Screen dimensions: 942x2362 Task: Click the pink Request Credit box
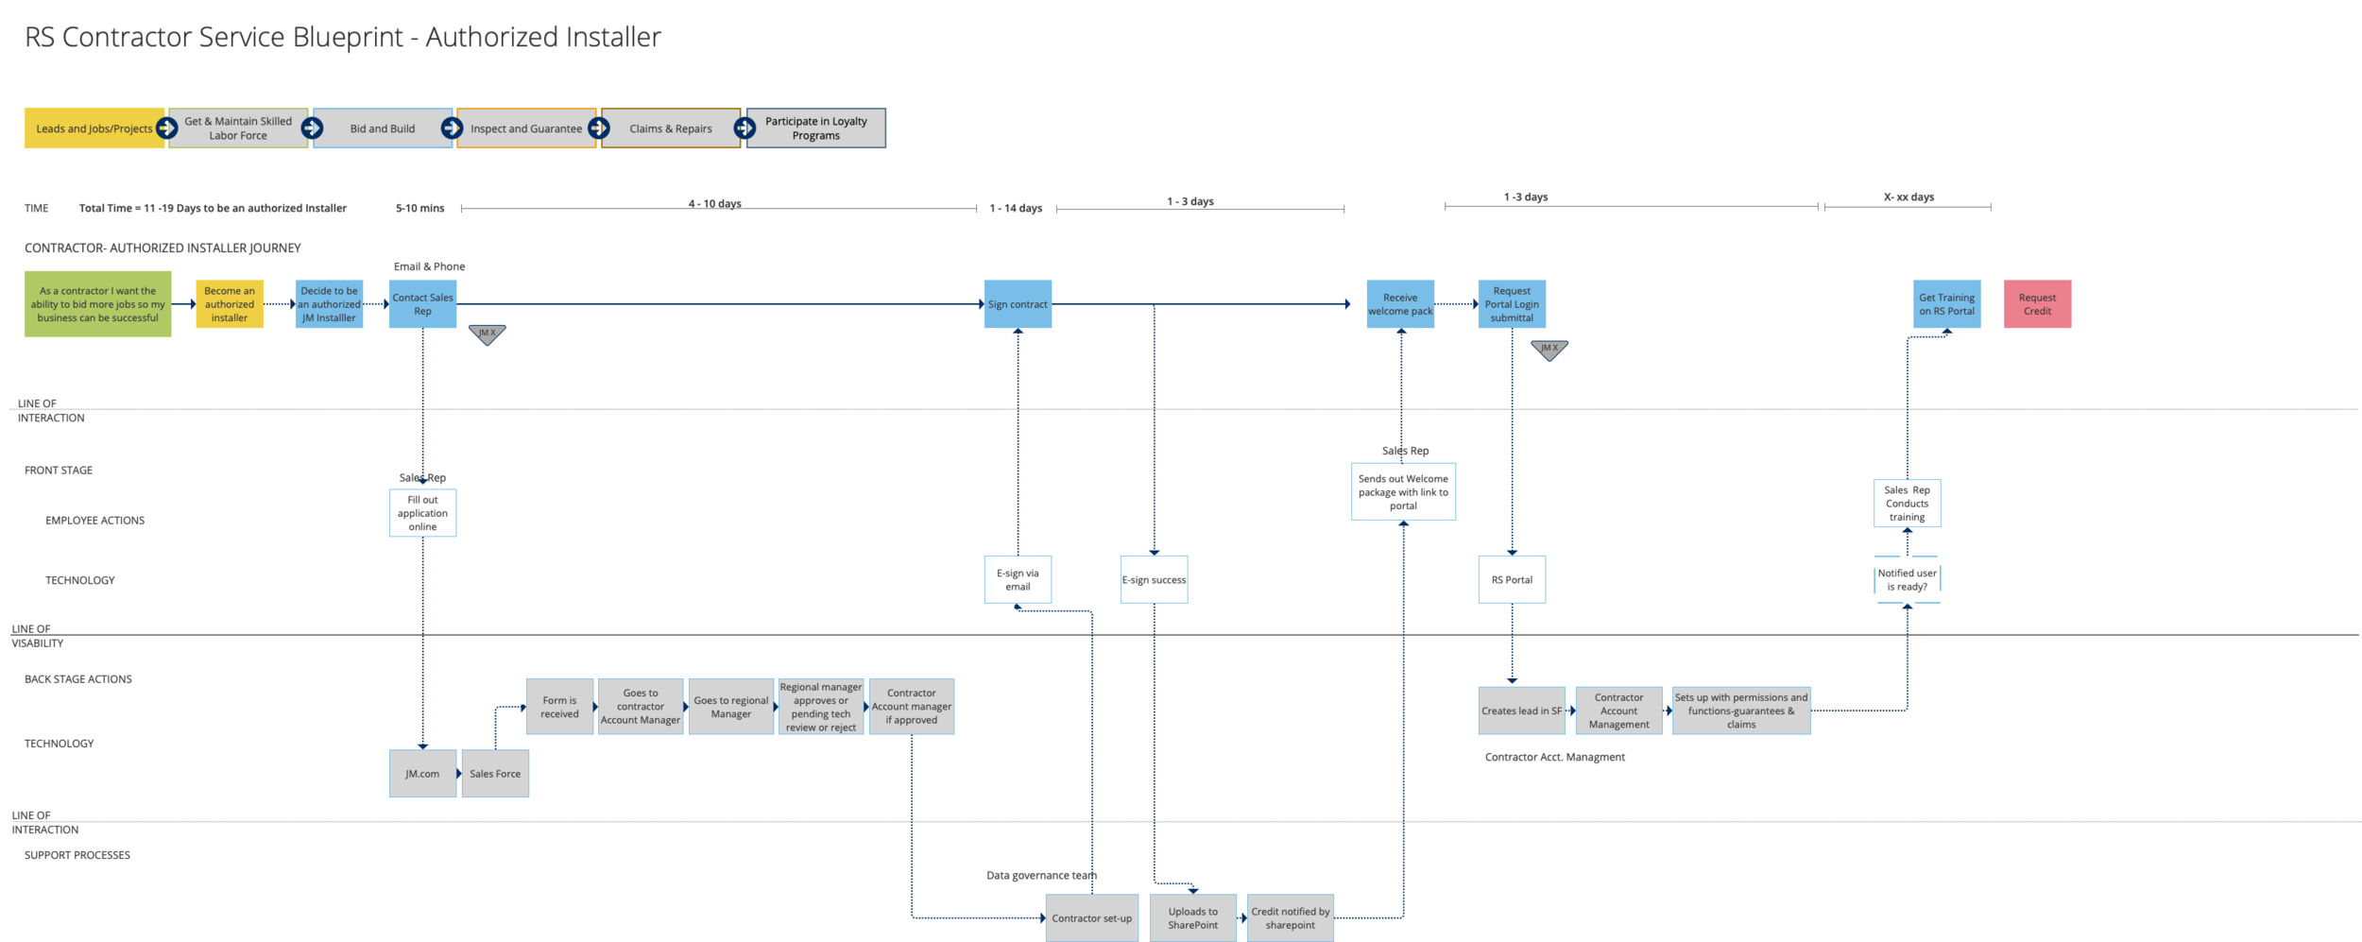[2036, 304]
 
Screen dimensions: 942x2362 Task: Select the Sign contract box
[1018, 304]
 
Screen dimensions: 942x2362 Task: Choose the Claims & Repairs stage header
[671, 128]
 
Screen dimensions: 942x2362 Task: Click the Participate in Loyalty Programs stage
[817, 128]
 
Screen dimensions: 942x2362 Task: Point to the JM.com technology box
[422, 773]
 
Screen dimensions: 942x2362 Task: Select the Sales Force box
[495, 773]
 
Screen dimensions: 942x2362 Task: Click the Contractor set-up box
[1091, 917]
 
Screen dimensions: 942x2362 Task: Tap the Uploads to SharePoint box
[1192, 917]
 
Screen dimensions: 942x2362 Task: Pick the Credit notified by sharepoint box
[1290, 917]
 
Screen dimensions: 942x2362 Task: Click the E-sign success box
[1154, 579]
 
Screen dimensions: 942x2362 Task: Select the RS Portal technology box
[1512, 579]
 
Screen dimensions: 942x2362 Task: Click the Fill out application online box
[422, 513]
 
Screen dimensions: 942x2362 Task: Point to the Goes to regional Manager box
[730, 707]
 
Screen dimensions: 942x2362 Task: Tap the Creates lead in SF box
[1521, 711]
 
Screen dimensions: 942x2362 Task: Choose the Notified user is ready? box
[1907, 579]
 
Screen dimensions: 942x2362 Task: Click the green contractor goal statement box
[97, 304]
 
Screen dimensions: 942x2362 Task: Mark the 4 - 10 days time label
[714, 203]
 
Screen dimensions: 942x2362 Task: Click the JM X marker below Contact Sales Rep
[487, 334]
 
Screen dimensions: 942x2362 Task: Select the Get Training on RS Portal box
[1946, 304]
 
